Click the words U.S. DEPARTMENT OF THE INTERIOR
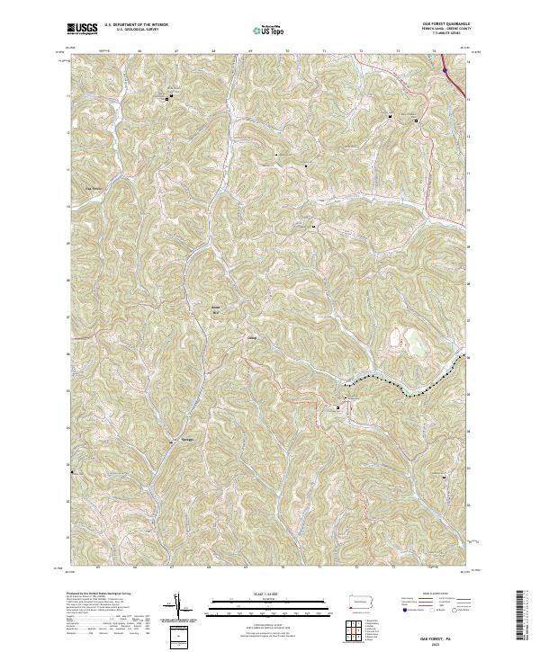[x=136, y=25]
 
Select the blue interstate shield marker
[x=445, y=65]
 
